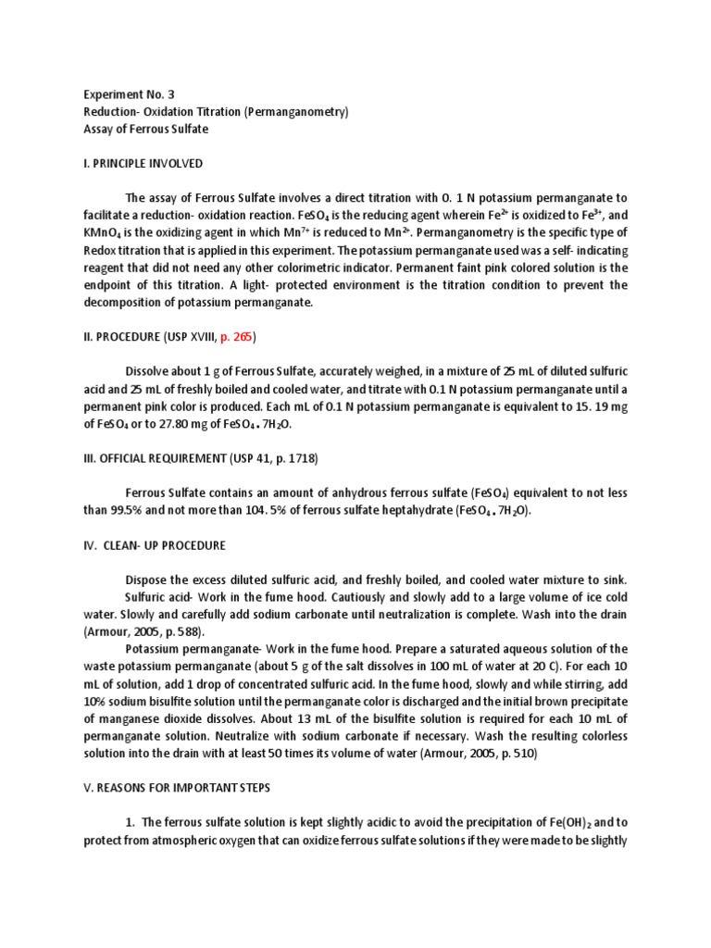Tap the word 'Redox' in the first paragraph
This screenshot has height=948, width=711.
point(101,250)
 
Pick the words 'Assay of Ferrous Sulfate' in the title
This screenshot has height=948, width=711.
point(145,130)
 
